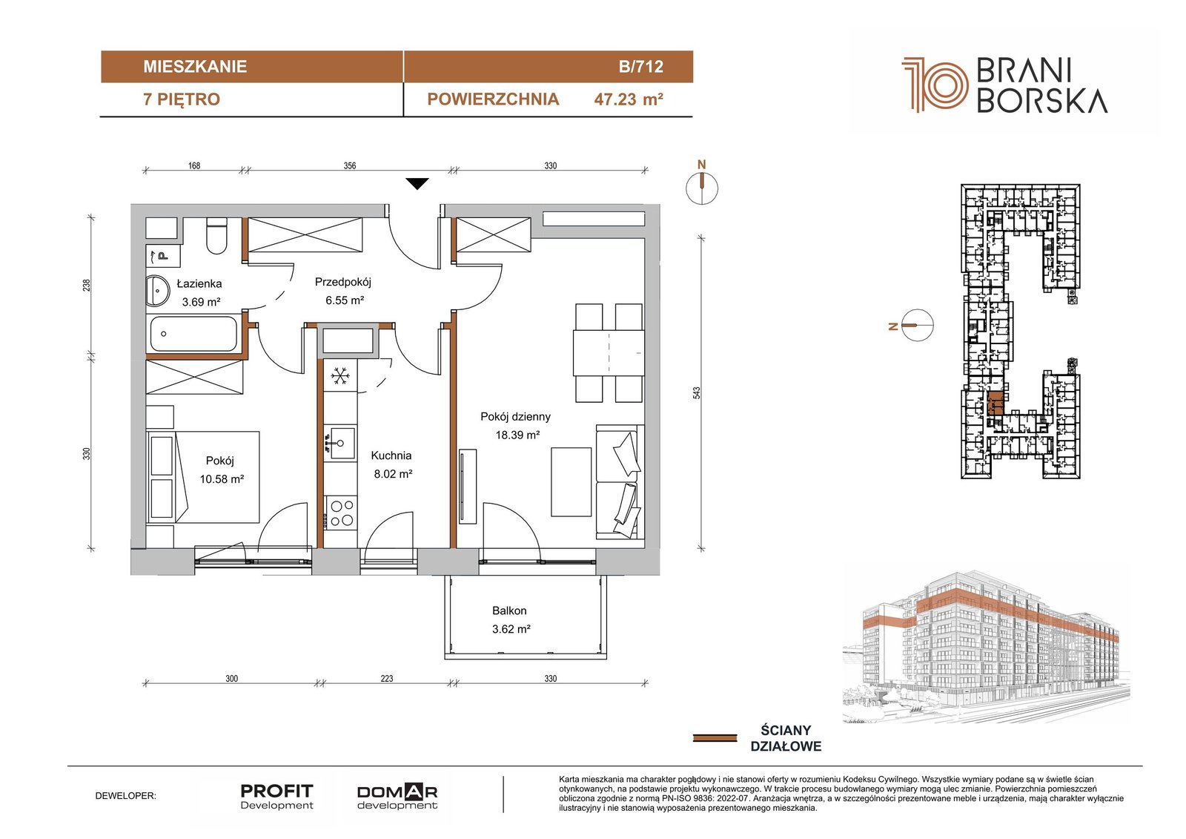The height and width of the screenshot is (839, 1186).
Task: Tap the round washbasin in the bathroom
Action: [157, 291]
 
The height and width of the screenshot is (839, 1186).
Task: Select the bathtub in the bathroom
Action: [193, 334]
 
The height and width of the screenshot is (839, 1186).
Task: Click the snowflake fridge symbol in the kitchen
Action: [340, 376]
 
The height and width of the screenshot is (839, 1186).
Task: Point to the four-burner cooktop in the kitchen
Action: [341, 513]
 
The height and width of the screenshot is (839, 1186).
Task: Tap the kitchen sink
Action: [340, 443]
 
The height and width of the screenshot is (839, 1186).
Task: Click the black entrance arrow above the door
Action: [417, 184]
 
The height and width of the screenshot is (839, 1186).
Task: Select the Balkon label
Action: [509, 611]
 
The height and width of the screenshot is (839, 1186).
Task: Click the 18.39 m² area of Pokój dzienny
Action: [517, 435]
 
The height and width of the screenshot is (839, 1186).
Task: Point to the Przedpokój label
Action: [343, 282]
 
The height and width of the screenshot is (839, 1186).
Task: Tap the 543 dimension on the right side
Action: [697, 392]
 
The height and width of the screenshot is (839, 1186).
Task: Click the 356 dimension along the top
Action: [349, 166]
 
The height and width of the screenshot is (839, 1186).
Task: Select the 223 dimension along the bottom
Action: [386, 679]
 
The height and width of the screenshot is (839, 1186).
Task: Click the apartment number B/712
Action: [640, 67]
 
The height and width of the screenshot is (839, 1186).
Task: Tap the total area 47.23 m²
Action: [629, 99]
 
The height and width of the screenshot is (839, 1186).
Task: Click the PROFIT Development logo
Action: [277, 797]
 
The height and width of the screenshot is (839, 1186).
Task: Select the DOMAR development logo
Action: [397, 797]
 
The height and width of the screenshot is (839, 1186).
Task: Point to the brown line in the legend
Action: [715, 738]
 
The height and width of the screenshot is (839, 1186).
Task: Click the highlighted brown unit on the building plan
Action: [995, 404]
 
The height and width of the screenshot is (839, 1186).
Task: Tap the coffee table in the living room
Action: [571, 481]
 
